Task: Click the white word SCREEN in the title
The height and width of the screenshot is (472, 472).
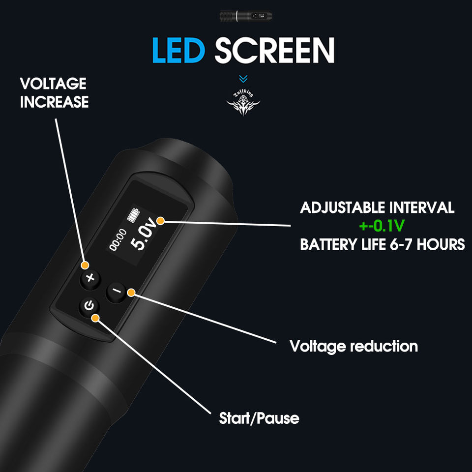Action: [x=275, y=50]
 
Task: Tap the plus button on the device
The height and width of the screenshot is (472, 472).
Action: [x=89, y=278]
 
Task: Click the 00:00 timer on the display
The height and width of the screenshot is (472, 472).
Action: [x=118, y=239]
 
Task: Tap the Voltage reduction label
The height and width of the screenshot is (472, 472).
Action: [x=354, y=346]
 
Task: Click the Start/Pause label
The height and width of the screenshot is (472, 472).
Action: [x=259, y=418]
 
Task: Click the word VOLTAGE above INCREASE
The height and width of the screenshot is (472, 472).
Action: [x=53, y=84]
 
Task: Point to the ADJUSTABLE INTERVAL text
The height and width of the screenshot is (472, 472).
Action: [x=377, y=207]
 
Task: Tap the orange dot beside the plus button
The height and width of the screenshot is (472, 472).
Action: [x=85, y=265]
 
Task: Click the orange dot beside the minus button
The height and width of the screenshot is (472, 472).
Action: [x=131, y=293]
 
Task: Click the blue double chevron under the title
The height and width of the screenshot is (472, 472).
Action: [x=243, y=79]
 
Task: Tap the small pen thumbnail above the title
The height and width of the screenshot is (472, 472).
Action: [x=243, y=16]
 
